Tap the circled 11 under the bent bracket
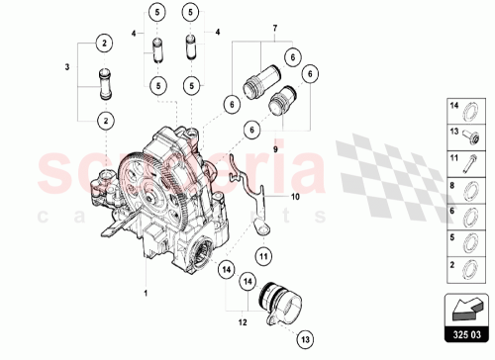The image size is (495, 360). point(263,256)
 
